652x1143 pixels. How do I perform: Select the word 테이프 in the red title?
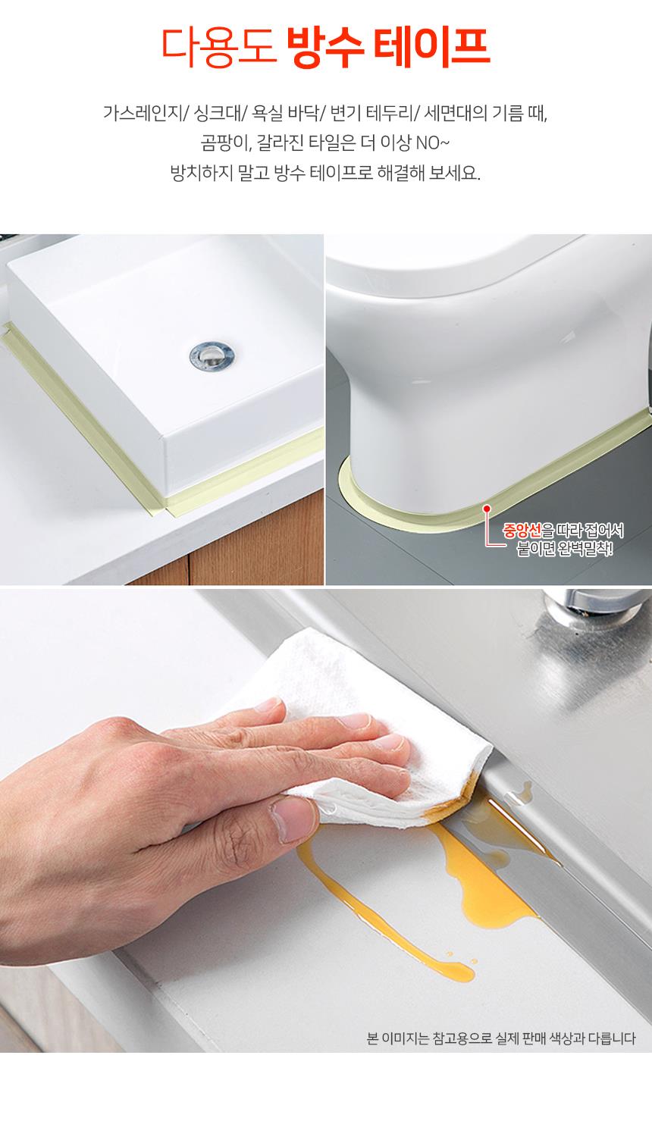[x=432, y=46]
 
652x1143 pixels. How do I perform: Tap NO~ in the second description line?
[x=433, y=142]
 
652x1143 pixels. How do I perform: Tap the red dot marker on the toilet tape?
[x=487, y=509]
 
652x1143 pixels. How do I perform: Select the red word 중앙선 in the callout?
[x=522, y=531]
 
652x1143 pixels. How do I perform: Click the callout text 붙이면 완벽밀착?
[x=564, y=549]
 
